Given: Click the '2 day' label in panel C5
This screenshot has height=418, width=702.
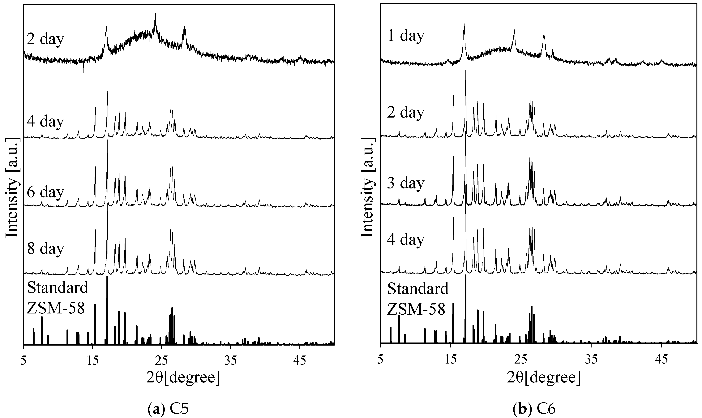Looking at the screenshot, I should pos(45,39).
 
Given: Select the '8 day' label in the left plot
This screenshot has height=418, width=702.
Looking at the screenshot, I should pos(45,249).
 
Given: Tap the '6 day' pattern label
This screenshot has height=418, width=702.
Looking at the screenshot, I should pos(45,192).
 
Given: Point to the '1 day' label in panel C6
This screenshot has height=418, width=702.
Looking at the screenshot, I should pos(406,36).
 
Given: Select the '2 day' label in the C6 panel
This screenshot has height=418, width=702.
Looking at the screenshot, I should pos(406,112).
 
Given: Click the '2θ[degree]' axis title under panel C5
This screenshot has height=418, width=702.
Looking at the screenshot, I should pos(183,377).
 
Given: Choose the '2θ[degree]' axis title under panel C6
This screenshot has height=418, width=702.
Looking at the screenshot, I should pos(543,377).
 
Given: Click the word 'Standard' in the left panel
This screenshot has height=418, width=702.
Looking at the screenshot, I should pos(58,288).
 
